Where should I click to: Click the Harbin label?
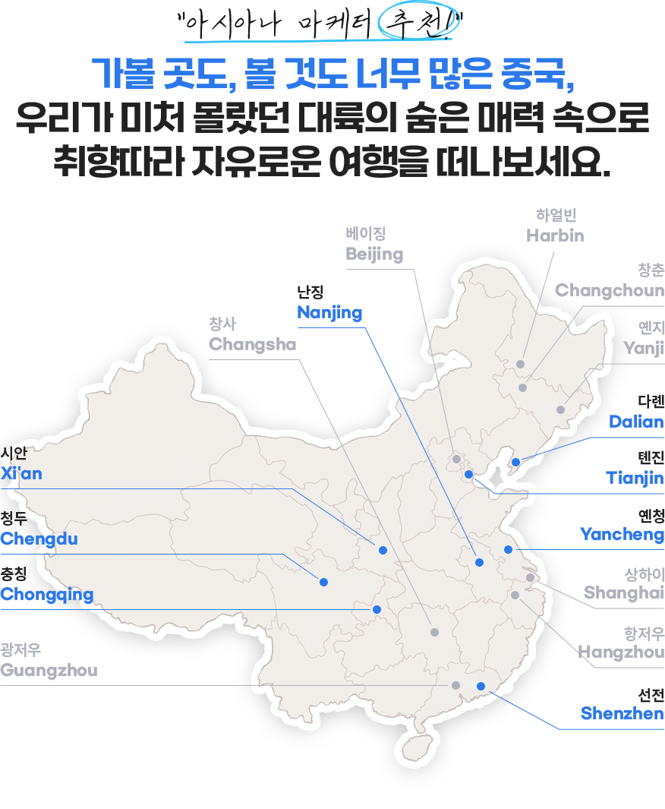coord(555,235)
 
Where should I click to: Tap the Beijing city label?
coord(374,254)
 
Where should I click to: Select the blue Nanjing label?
coord(329,313)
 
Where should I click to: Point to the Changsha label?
coord(252,344)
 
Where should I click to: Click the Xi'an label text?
coord(21,474)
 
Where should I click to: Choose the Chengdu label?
coord(39,539)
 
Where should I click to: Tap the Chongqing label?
coord(46,595)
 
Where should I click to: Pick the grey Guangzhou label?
coord(49,670)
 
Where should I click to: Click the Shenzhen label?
coord(622,713)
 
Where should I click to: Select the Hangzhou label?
coord(621,653)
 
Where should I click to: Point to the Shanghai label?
coord(624,593)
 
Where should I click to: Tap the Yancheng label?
coord(622,535)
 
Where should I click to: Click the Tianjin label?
coord(635,479)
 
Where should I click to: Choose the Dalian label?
coord(636,422)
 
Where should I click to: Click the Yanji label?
coord(644,348)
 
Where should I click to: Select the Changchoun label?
coord(610,290)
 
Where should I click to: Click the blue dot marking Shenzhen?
coord(481,686)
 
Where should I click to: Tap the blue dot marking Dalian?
coord(515,463)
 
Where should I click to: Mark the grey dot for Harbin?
coord(521,365)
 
